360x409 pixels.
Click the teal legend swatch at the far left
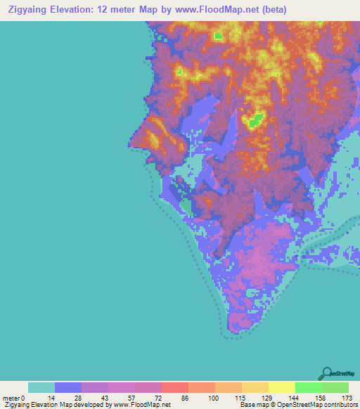point(41,387)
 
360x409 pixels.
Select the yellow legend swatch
point(282,387)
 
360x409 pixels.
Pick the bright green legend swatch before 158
point(309,387)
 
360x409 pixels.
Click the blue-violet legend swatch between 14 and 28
point(68,387)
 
